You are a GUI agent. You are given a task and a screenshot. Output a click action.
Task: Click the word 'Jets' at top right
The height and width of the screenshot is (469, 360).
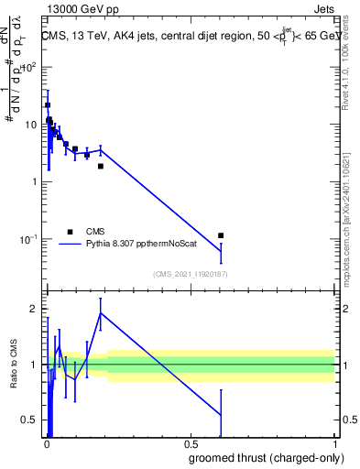click(x=324, y=11)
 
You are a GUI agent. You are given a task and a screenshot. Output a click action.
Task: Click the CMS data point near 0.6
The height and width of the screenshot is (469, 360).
click(x=221, y=235)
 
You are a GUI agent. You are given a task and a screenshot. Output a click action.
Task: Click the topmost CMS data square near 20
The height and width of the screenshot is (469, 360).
click(x=48, y=105)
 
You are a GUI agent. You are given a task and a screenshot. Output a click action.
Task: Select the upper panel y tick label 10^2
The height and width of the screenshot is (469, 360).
click(x=29, y=67)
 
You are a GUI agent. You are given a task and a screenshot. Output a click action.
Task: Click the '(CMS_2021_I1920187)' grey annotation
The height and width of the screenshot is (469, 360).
click(x=190, y=274)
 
